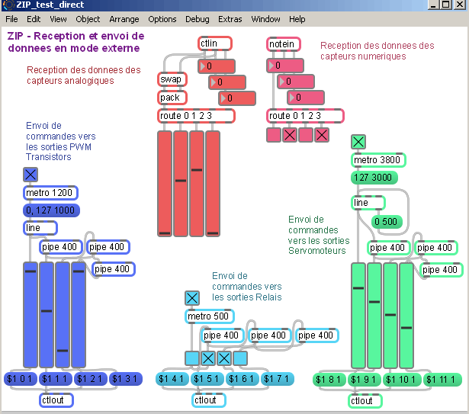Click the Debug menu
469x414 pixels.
197,19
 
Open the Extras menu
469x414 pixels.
230,19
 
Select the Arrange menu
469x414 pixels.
124,19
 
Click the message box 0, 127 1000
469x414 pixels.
50,210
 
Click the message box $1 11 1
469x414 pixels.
441,380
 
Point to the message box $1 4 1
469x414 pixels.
172,379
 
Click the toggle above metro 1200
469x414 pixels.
30,175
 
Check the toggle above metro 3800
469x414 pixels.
358,141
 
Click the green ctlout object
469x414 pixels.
365,401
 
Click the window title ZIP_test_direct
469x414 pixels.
50,5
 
